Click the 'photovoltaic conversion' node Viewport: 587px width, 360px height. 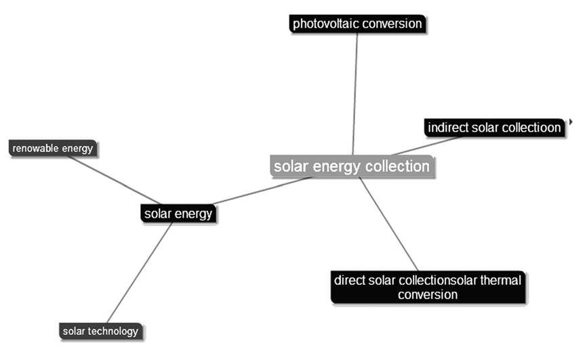click(357, 24)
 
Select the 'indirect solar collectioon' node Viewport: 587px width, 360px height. click(494, 127)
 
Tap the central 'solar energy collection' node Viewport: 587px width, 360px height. click(351, 166)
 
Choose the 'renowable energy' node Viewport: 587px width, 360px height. click(52, 148)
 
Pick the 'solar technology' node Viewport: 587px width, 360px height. click(100, 332)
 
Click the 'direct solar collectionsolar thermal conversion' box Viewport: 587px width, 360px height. click(428, 287)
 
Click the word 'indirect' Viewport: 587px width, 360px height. click(446, 127)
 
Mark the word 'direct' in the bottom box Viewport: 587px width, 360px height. click(349, 279)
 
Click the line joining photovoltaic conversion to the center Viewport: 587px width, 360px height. click(355, 88)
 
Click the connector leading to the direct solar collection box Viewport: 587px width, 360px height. click(388, 224)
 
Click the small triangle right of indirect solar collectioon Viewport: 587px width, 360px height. click(571, 121)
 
